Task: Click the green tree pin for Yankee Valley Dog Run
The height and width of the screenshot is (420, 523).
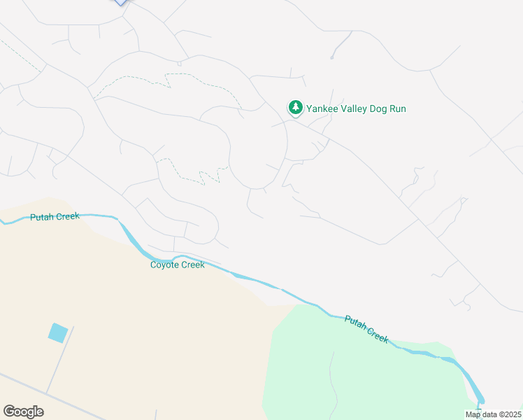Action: click(296, 108)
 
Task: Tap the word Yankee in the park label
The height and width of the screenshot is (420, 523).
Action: click(324, 108)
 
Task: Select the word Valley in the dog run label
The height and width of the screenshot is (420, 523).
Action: click(357, 108)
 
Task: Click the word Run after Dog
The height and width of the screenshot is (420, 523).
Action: click(399, 108)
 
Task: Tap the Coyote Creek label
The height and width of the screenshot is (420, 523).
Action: click(178, 265)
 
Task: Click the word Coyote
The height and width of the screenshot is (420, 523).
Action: click(166, 265)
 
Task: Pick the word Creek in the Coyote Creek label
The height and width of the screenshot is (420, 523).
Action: click(193, 265)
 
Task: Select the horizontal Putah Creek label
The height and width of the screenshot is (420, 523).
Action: click(55, 217)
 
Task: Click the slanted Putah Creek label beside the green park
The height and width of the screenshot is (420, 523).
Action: click(366, 328)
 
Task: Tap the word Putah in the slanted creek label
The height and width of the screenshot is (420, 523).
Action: click(356, 323)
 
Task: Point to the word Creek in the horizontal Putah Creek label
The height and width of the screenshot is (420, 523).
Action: click(69, 217)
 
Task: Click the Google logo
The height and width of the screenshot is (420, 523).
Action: click(23, 412)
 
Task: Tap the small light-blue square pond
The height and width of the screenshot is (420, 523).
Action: click(58, 332)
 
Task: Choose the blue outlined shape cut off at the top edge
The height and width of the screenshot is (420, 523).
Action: click(121, 2)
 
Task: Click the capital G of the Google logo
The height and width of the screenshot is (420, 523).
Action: click(9, 412)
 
